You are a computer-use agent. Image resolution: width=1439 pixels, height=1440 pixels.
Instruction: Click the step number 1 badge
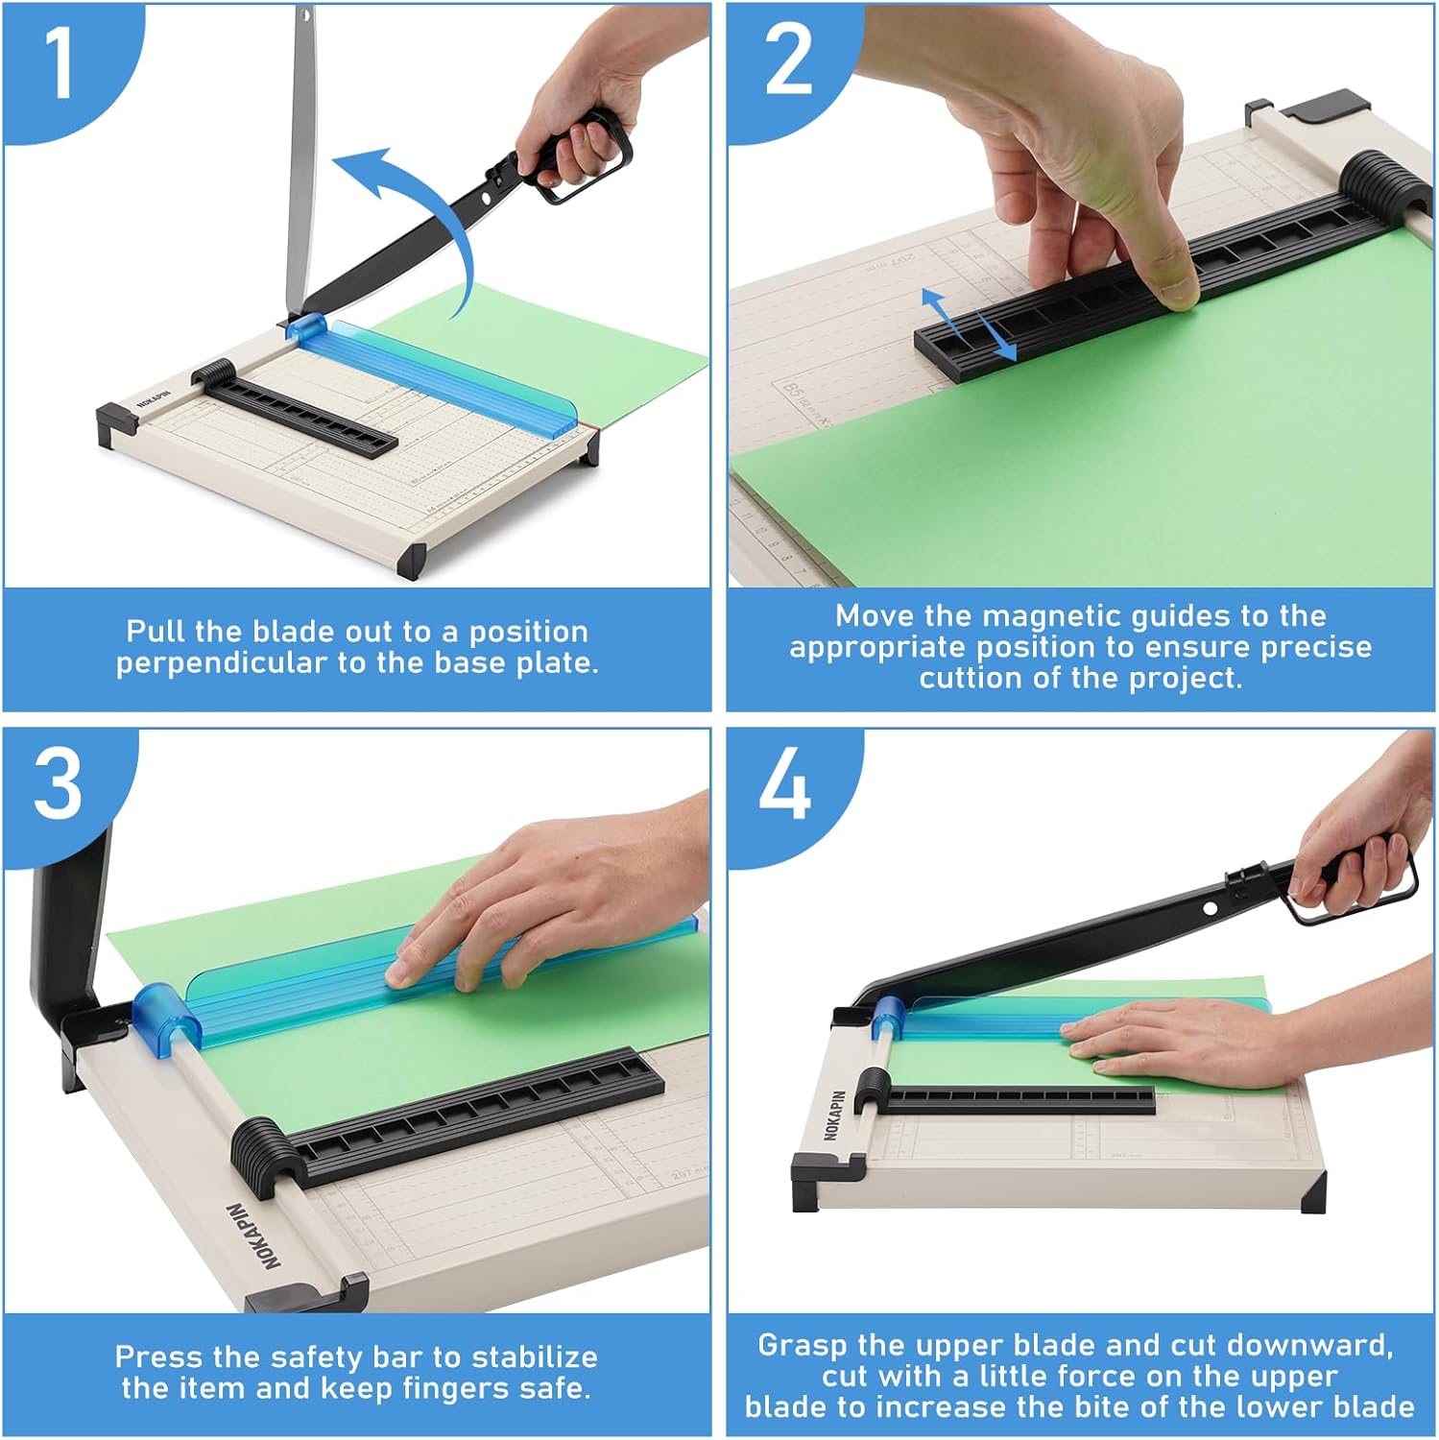(60, 63)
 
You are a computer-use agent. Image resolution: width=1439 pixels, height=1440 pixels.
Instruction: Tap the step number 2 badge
(788, 60)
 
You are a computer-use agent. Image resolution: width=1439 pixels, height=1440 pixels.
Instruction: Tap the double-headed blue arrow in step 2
(969, 324)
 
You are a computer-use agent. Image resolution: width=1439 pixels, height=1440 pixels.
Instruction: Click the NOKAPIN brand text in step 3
(253, 1236)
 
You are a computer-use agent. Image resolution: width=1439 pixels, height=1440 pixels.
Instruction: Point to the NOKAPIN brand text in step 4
(834, 1115)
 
